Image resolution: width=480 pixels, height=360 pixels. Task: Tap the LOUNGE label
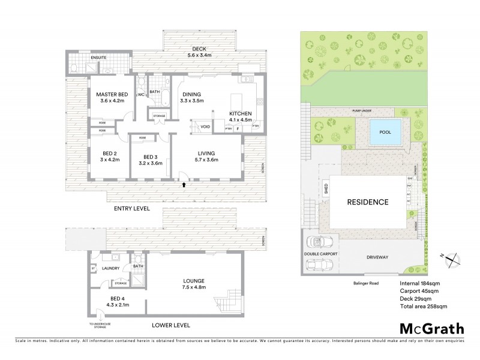click(194, 280)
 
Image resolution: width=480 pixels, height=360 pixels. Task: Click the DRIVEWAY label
click(376, 257)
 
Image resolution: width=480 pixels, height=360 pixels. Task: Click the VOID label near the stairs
click(205, 127)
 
